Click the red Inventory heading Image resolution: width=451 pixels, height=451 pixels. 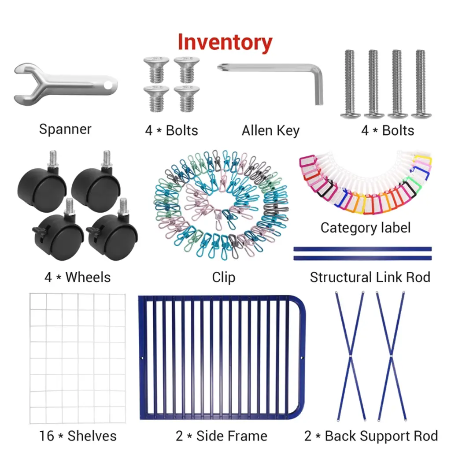225,42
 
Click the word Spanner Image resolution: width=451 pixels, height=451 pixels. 65,129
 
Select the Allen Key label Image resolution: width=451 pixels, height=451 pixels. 270,130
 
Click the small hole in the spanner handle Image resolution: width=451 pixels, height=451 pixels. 109,82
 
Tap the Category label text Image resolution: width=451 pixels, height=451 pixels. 365,228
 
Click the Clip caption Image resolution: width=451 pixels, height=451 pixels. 224,277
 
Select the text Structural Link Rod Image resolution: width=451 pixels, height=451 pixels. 370,277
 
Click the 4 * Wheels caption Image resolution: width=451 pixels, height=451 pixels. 78,277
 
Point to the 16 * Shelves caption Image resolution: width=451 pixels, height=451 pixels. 78,436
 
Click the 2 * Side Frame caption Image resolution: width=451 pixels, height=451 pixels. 222,436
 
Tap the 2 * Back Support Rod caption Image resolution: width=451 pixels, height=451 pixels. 371,436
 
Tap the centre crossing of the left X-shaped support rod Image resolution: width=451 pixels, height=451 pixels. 351,355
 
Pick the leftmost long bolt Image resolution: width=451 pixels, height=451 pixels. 350,85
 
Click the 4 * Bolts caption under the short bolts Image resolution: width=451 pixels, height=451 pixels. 171,130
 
